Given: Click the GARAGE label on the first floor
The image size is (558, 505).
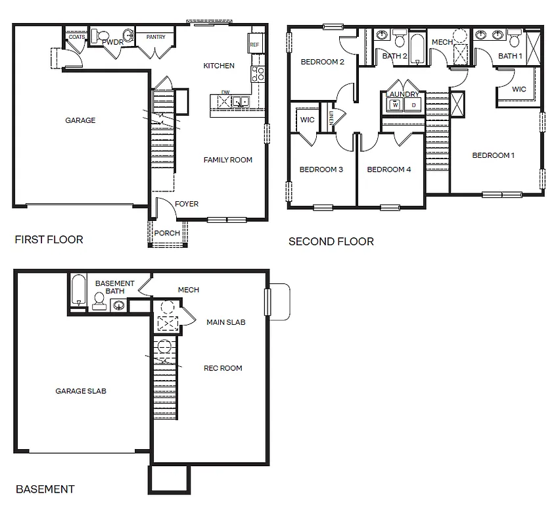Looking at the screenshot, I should pyautogui.click(x=80, y=120).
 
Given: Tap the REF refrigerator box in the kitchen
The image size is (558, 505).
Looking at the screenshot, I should pyautogui.click(x=254, y=44).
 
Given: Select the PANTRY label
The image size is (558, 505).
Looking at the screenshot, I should pyautogui.click(x=156, y=37).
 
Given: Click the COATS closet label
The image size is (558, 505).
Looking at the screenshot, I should pyautogui.click(x=76, y=37).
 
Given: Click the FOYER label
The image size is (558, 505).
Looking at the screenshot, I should pyautogui.click(x=187, y=204).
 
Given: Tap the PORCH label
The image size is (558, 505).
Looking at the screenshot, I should pyautogui.click(x=167, y=233).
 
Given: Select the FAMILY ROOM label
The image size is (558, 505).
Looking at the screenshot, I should pyautogui.click(x=227, y=160).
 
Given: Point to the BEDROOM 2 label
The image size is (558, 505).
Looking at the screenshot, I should pyautogui.click(x=322, y=62).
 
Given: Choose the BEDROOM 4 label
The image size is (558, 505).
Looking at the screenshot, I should pyautogui.click(x=388, y=170).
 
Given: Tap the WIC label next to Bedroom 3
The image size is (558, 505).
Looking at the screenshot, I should pyautogui.click(x=307, y=120).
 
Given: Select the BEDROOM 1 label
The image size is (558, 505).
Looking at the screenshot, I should pyautogui.click(x=493, y=156).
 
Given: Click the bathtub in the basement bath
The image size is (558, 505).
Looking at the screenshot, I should pyautogui.click(x=78, y=291).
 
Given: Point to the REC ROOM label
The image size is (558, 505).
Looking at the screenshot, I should pyautogui.click(x=223, y=368).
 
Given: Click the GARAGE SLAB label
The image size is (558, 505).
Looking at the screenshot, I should pyautogui.click(x=81, y=391).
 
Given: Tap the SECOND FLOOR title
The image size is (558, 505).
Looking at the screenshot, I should pyautogui.click(x=331, y=242).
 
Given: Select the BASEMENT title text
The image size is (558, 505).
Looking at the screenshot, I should pyautogui.click(x=45, y=489).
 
